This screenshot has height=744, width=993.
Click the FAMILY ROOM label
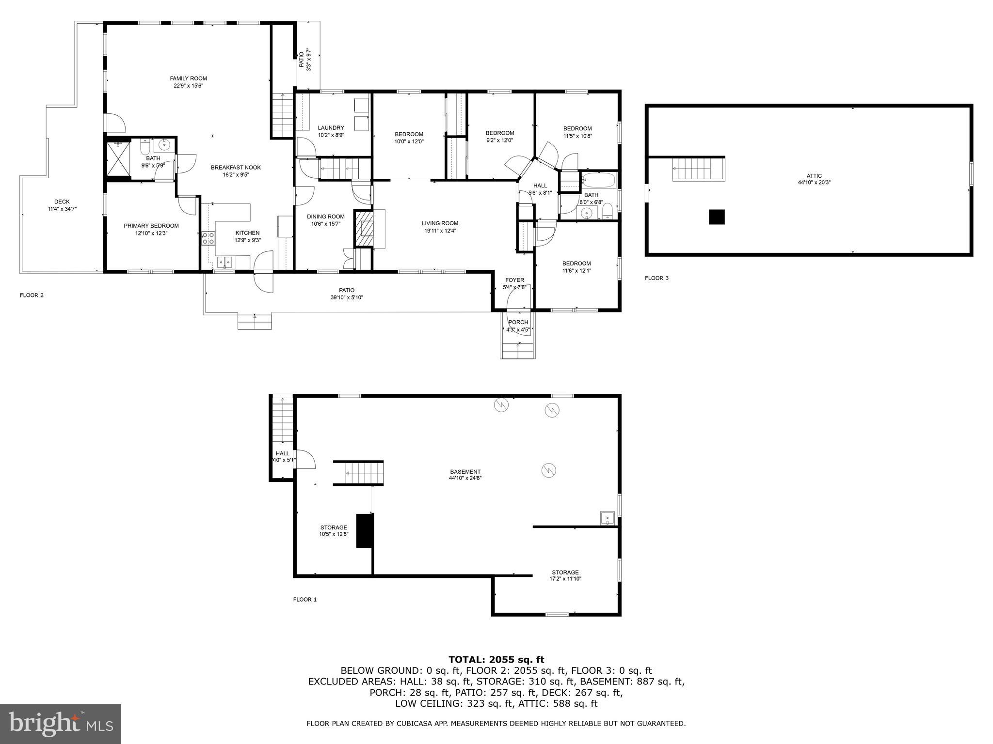[188, 78]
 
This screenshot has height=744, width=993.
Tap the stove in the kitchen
[208, 238]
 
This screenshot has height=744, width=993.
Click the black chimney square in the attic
[717, 217]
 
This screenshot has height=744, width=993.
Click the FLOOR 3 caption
[657, 278]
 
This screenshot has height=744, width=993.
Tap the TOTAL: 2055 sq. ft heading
[496, 659]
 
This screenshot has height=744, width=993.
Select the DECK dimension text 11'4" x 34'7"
[62, 209]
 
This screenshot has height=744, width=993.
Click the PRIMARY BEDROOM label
[151, 226]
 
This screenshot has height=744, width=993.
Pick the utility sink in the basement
[607, 518]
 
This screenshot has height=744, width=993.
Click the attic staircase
[693, 170]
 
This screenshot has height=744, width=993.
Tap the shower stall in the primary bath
[118, 160]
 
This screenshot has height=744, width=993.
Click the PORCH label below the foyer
[518, 322]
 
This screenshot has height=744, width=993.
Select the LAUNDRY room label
[331, 128]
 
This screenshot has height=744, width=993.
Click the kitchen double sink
[224, 262]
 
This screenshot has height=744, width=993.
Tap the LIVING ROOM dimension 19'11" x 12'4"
[440, 231]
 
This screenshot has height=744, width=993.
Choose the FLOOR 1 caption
[304, 599]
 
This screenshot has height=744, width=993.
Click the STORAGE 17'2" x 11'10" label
[565, 573]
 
